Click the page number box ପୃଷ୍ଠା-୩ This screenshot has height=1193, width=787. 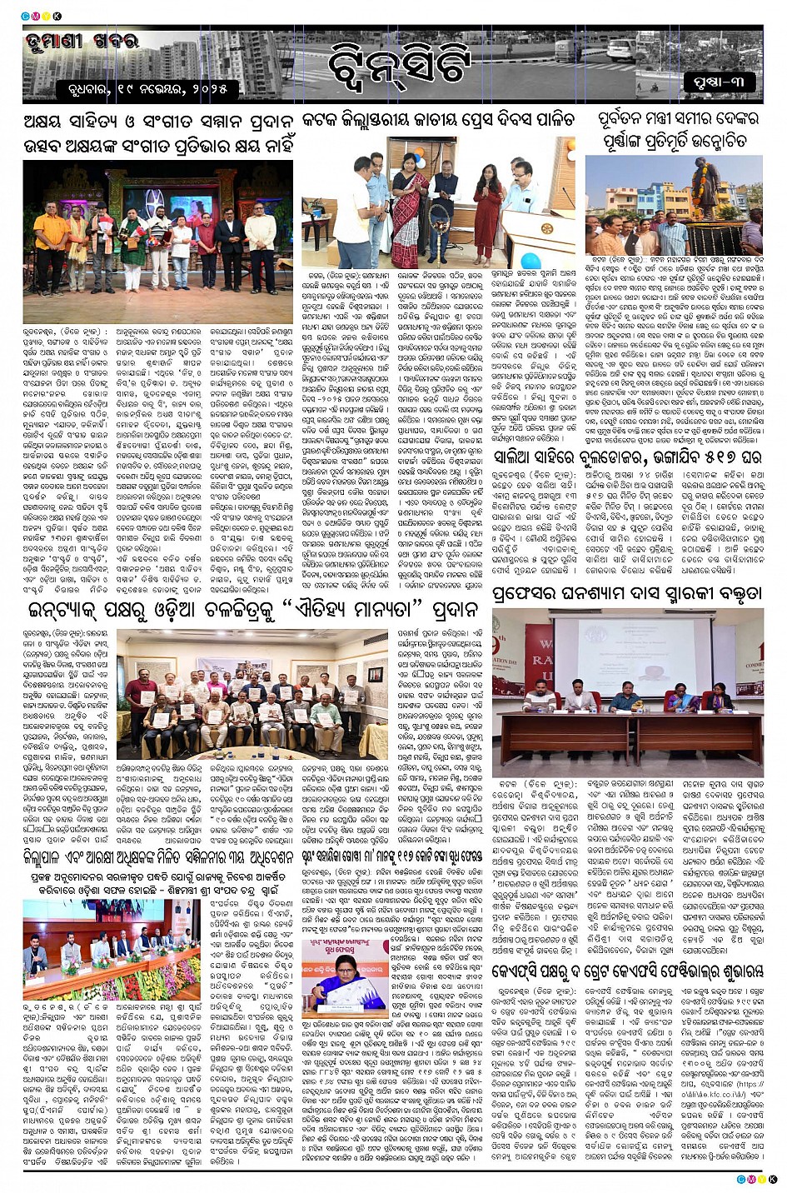click(x=719, y=82)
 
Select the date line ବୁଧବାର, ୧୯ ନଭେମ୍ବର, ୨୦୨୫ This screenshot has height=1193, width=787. click(x=153, y=87)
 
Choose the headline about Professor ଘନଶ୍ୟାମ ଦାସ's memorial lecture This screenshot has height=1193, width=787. click(x=625, y=594)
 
